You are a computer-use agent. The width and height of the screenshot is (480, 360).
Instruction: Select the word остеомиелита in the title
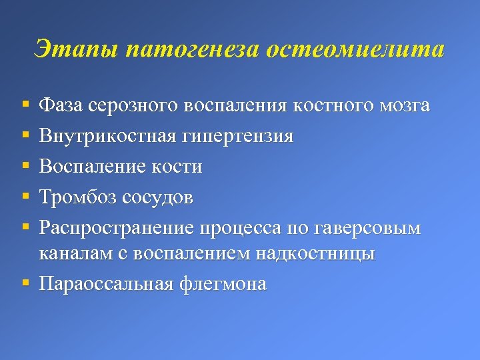(x=355, y=49)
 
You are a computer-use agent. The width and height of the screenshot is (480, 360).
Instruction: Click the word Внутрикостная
(x=107, y=137)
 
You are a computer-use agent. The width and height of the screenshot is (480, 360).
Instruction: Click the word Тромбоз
(x=79, y=197)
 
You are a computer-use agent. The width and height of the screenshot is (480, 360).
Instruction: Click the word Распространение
(x=116, y=229)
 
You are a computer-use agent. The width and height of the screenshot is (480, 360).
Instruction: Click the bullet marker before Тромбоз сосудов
(x=25, y=197)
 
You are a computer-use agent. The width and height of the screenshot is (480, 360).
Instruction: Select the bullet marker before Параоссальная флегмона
(x=25, y=283)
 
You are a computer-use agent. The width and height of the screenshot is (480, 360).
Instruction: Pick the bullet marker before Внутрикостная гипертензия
(x=25, y=137)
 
